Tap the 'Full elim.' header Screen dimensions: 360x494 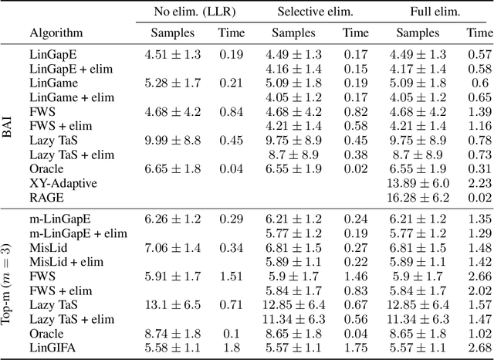[437, 12]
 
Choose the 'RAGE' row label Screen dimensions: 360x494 [46, 197]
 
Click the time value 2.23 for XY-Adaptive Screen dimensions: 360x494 [479, 183]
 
